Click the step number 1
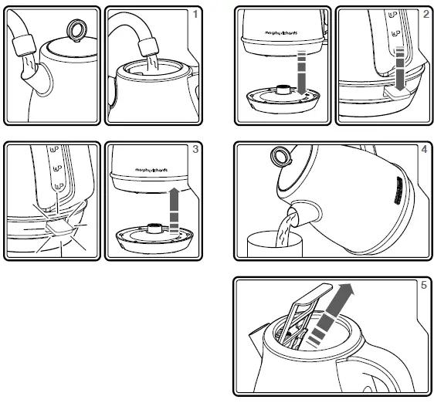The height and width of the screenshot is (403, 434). pos(195,14)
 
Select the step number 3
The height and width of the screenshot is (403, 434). pos(195,149)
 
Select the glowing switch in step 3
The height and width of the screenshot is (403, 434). pos(56,226)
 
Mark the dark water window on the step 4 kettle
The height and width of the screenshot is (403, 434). pos(394,191)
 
